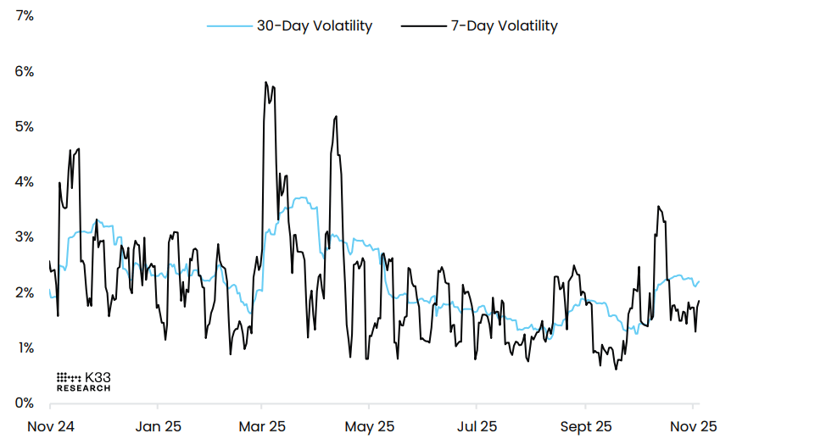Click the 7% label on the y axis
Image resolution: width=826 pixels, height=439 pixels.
coord(23,16)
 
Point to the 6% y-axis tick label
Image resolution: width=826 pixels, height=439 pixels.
coord(23,71)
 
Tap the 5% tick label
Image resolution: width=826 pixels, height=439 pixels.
coord(23,126)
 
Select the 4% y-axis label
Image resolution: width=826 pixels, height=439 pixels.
coord(23,181)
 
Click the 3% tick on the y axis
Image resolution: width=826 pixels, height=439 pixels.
coord(23,236)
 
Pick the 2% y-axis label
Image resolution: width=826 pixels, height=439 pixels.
coord(23,292)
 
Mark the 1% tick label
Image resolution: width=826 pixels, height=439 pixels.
coord(23,347)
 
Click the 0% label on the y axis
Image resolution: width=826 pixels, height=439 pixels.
coord(23,403)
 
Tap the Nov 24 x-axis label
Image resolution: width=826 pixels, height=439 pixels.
coord(50,425)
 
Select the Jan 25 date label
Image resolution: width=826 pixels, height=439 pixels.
coord(159,425)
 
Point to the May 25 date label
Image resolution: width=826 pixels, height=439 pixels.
coord(371,425)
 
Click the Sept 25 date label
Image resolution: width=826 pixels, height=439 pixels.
coord(586,425)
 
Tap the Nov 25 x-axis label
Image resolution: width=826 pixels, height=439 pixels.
coord(694,425)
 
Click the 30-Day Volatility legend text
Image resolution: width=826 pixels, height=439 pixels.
coord(315,25)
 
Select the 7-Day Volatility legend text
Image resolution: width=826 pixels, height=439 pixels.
coord(504,25)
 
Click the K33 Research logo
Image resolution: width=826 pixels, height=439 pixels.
coord(84,381)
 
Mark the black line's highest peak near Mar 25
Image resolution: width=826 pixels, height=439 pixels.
coord(265,82)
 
